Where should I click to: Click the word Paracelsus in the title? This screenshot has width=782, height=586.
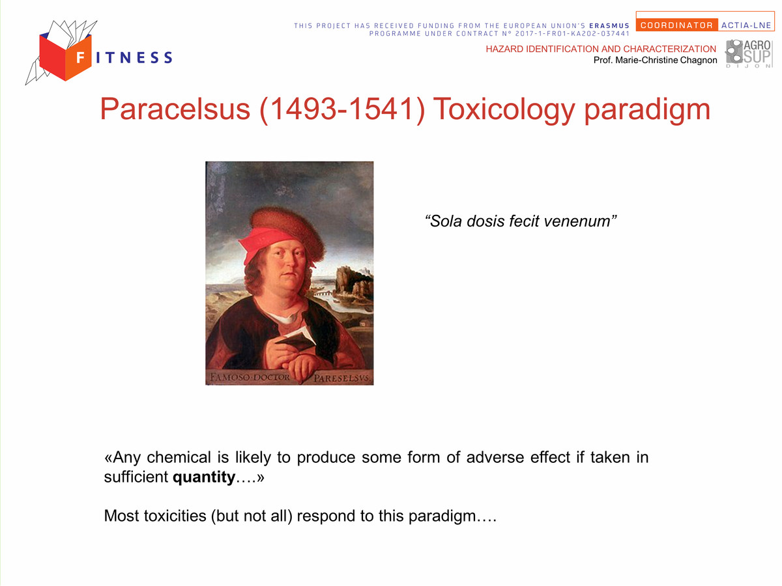pyautogui.click(x=175, y=109)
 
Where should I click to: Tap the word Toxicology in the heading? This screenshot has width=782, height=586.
pyautogui.click(x=504, y=110)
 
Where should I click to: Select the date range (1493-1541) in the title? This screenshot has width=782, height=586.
pyautogui.click(x=342, y=110)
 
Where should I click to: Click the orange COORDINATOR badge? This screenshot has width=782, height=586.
pyautogui.click(x=676, y=25)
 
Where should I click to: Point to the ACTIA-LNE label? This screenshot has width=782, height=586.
pyautogui.click(x=746, y=25)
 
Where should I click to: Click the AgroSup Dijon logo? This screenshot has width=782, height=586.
pyautogui.click(x=748, y=54)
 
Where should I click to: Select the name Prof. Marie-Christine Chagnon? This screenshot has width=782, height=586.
pyautogui.click(x=655, y=60)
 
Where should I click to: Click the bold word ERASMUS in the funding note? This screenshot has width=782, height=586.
pyautogui.click(x=609, y=25)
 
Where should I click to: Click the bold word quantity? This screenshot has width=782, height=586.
pyautogui.click(x=204, y=477)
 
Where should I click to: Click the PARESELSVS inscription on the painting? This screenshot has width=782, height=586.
pyautogui.click(x=342, y=378)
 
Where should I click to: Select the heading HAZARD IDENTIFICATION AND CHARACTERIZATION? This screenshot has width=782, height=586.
pyautogui.click(x=601, y=49)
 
